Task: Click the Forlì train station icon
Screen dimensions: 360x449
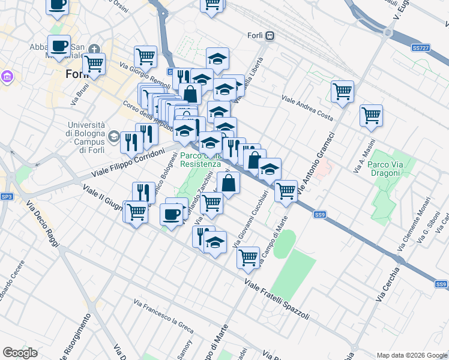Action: point(271,35)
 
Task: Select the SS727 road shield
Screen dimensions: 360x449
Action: point(420,47)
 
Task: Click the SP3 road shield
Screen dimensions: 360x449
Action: point(7,196)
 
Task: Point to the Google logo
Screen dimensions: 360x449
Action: point(20,353)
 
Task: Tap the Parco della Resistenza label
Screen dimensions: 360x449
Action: point(200,159)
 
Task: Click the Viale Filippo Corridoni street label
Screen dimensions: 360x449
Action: point(128,163)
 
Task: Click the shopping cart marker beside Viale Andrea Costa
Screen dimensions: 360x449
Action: point(342,92)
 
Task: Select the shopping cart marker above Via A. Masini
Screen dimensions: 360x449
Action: point(371,115)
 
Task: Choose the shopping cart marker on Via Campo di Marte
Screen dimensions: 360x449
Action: point(247,257)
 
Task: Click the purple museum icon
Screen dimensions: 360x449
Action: point(7,77)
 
